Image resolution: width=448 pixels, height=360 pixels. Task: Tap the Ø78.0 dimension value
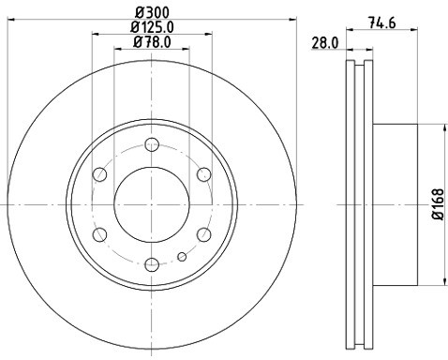click(151, 41)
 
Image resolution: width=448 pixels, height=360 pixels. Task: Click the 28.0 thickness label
click(324, 43)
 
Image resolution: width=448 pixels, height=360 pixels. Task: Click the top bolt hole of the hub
click(152, 144)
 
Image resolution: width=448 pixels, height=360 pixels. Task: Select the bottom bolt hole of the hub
click(152, 263)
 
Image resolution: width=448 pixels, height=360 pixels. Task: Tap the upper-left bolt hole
click(100, 173)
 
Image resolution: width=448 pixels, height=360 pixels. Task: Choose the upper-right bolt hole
click(203, 173)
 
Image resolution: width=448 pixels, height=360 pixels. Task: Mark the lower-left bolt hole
click(100, 234)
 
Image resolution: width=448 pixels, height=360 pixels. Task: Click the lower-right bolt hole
click(203, 234)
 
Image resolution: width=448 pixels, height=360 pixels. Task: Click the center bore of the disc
click(152, 203)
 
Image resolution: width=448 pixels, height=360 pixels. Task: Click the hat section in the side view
click(394, 204)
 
